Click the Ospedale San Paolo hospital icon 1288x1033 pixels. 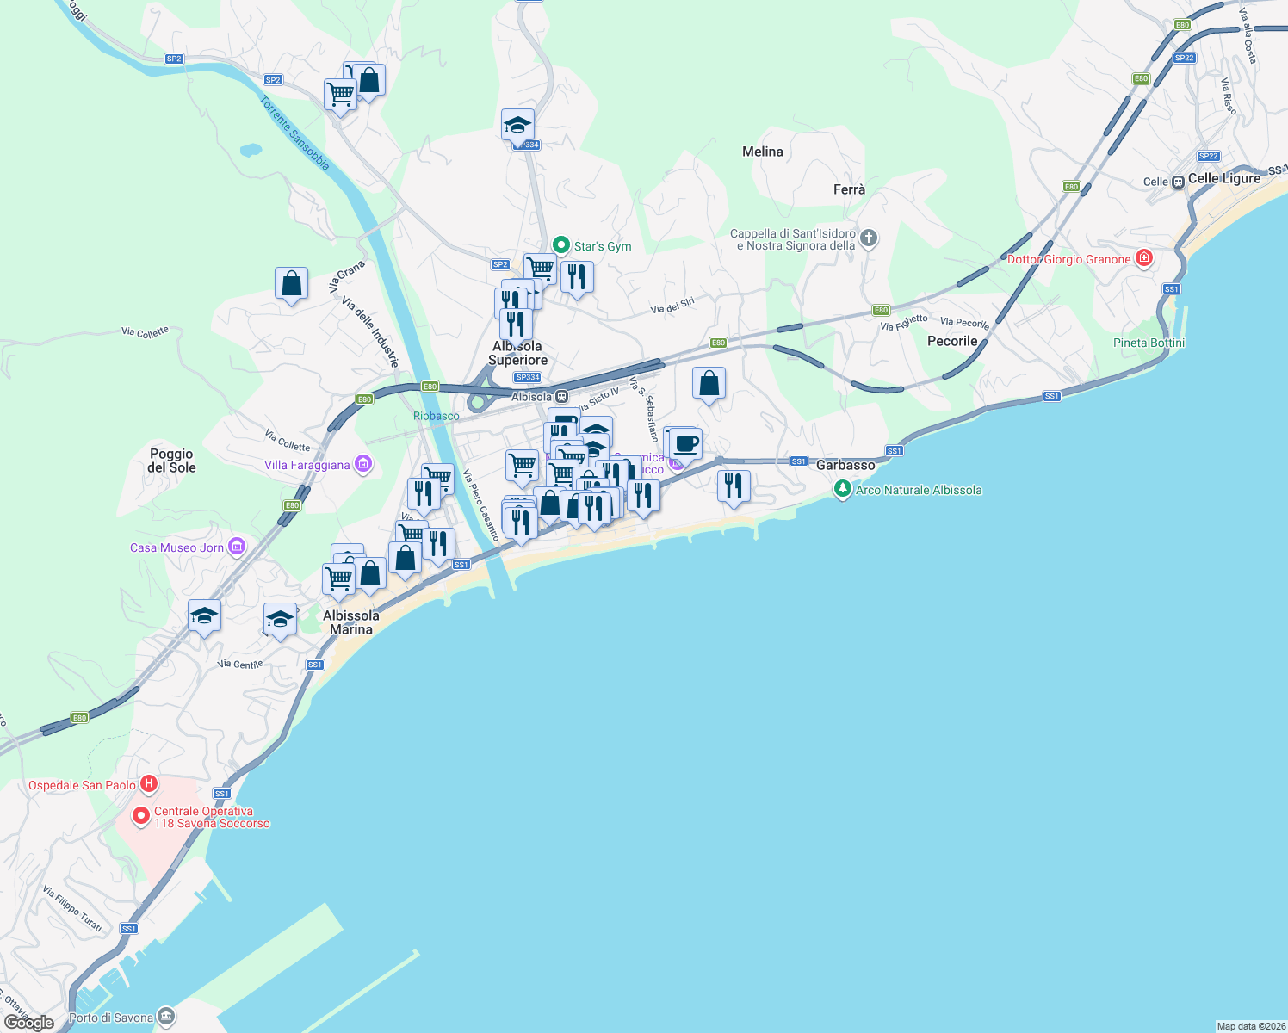coord(149,784)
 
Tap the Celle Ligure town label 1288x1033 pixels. coord(1223,178)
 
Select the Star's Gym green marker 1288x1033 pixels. coord(561,245)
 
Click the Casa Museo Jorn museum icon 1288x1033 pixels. coord(237,547)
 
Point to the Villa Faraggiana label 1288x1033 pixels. coord(307,466)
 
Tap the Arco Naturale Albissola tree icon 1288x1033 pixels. coord(842,490)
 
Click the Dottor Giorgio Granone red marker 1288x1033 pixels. coord(1143,258)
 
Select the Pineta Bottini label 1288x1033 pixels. coord(1149,343)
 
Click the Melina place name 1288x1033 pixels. coord(763,152)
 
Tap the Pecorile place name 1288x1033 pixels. coord(952,341)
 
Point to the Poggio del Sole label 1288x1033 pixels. coord(172,461)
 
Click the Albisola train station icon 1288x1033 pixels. coord(561,397)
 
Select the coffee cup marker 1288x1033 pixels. coord(685,444)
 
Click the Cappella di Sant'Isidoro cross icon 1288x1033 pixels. coord(869,238)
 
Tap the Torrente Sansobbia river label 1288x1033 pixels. coord(294,133)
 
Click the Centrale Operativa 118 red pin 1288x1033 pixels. coord(141,815)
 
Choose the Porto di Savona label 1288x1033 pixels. coord(111,1018)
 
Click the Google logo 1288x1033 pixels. coord(29,1022)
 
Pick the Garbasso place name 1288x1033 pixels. coord(845,465)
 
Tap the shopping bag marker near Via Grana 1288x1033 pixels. coord(292,283)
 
